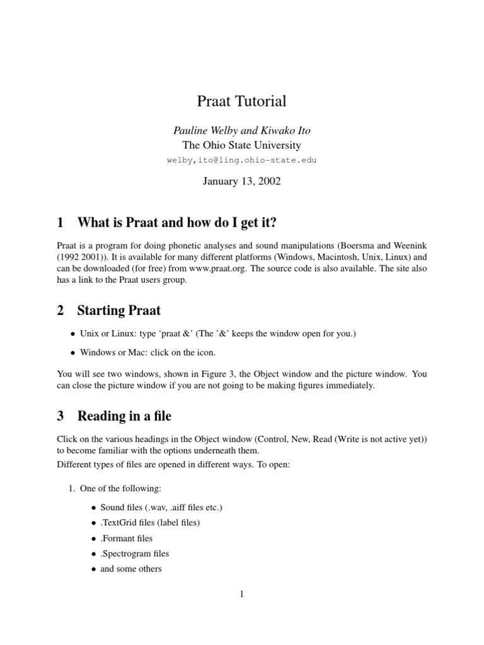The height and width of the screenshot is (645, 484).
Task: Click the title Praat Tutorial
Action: point(241,101)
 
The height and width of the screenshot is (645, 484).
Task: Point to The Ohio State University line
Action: point(241,146)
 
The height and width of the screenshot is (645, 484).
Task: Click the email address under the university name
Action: point(241,160)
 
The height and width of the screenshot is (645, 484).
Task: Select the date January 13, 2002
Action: point(241,181)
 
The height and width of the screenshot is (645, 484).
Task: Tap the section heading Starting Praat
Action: point(118,310)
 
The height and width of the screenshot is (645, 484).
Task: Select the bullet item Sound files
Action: point(161,508)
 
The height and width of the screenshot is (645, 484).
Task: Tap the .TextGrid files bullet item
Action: point(150,523)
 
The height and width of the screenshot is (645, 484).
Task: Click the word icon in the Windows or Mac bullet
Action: point(214,353)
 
